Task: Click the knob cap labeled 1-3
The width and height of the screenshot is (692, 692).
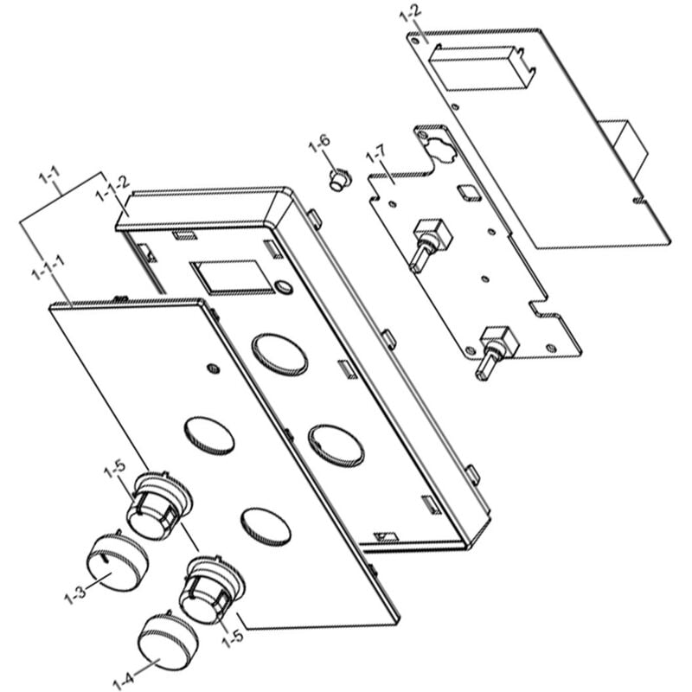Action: pyautogui.click(x=118, y=563)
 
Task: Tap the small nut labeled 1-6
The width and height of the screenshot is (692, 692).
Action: pyautogui.click(x=340, y=180)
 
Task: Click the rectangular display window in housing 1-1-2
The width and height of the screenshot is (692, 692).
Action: pyautogui.click(x=226, y=277)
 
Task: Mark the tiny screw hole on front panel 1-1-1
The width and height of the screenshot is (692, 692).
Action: pyautogui.click(x=213, y=369)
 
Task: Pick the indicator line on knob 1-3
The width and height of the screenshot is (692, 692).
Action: pyautogui.click(x=104, y=561)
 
